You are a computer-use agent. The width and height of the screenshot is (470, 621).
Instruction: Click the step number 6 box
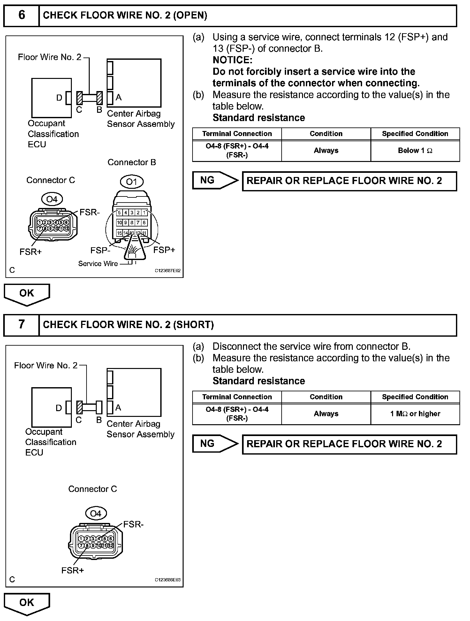coord(21,15)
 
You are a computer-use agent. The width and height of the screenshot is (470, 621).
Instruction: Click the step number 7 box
coord(21,325)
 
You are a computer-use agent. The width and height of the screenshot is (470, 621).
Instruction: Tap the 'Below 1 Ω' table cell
coord(415,150)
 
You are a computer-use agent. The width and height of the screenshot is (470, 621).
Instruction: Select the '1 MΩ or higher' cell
coord(415,414)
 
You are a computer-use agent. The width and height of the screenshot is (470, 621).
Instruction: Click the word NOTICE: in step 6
coord(232,60)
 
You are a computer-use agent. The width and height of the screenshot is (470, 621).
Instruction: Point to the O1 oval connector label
coord(132,182)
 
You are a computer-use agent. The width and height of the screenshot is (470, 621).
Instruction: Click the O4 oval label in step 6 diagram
coord(52,199)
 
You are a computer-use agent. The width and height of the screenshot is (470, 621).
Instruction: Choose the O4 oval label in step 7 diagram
coord(96,513)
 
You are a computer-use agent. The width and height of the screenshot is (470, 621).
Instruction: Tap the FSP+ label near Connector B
coord(164,250)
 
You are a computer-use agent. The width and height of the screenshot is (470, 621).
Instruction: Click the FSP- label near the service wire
coord(100,250)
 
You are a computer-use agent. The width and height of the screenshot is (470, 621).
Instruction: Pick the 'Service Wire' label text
coord(98,264)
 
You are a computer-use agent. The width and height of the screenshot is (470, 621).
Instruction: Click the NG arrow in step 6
coord(215,180)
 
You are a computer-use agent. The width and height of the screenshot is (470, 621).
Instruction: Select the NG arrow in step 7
coord(215,444)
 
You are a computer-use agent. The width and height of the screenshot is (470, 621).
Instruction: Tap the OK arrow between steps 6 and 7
coord(27,294)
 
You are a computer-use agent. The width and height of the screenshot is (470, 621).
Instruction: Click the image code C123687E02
coord(168,271)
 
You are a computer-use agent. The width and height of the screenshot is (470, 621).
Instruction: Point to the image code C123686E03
coord(168,580)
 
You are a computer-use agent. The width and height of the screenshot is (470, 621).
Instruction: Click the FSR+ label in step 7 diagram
coord(72,570)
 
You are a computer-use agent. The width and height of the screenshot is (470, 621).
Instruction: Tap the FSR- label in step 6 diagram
coord(89,212)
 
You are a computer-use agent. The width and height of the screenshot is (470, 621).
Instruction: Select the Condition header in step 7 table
coord(326,397)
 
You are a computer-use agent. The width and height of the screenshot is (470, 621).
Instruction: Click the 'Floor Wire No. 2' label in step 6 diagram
coord(49,57)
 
